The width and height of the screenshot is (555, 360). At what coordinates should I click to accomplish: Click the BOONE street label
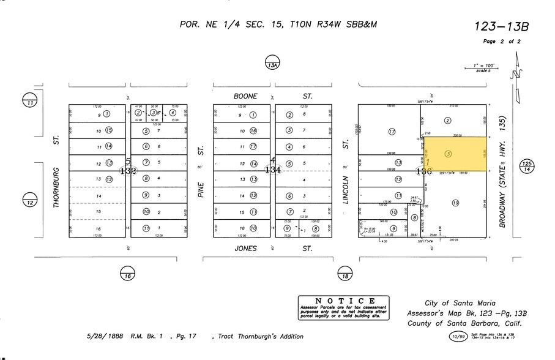245,96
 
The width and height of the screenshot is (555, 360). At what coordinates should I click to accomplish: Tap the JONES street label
245,248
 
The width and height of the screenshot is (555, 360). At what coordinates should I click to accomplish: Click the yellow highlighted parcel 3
455,153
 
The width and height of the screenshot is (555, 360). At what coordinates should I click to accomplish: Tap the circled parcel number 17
392,131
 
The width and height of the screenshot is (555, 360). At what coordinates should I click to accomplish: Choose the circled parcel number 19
455,203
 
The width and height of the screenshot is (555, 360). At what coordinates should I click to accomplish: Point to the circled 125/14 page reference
526,167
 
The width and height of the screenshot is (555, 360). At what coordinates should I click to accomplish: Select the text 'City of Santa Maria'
460,303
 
